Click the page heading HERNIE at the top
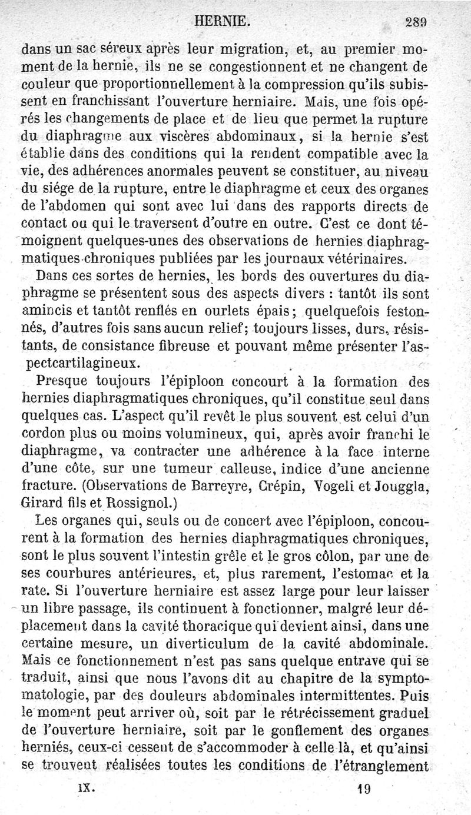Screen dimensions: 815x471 (227, 23)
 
